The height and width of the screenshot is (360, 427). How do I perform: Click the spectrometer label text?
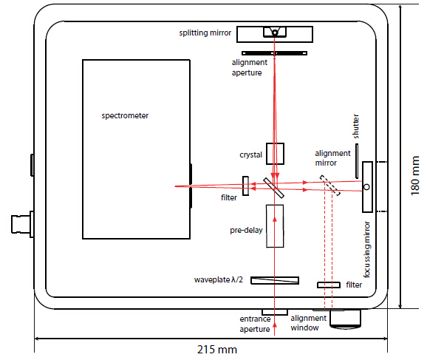[x=125, y=115]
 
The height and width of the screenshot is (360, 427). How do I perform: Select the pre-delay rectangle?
[x=275, y=226]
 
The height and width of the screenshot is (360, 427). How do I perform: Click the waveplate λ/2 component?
[x=275, y=280]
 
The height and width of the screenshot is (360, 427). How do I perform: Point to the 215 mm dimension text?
[x=217, y=350]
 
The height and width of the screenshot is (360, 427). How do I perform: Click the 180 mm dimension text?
[x=414, y=175]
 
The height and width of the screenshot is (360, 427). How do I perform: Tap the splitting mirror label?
[x=205, y=33]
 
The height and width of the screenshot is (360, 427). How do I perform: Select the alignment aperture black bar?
[x=275, y=53]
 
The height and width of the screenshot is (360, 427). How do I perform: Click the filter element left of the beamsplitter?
[x=245, y=186]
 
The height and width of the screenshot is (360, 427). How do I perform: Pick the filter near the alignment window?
[x=329, y=285]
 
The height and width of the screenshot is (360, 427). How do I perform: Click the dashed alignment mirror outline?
[x=330, y=186]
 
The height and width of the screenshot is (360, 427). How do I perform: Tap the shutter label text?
[x=355, y=126]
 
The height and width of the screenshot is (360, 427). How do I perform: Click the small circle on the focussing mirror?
[x=367, y=187]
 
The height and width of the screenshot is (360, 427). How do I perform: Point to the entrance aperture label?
[x=255, y=324]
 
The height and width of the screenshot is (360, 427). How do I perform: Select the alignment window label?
[x=308, y=323]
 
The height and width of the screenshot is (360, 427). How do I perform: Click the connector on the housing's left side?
[x=22, y=224]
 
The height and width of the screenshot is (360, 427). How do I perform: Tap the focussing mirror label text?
[x=367, y=249]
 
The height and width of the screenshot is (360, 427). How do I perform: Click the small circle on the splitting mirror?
[x=275, y=33]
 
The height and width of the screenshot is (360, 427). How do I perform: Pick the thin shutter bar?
[x=357, y=161]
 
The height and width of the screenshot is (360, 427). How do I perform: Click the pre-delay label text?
[x=246, y=231]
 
